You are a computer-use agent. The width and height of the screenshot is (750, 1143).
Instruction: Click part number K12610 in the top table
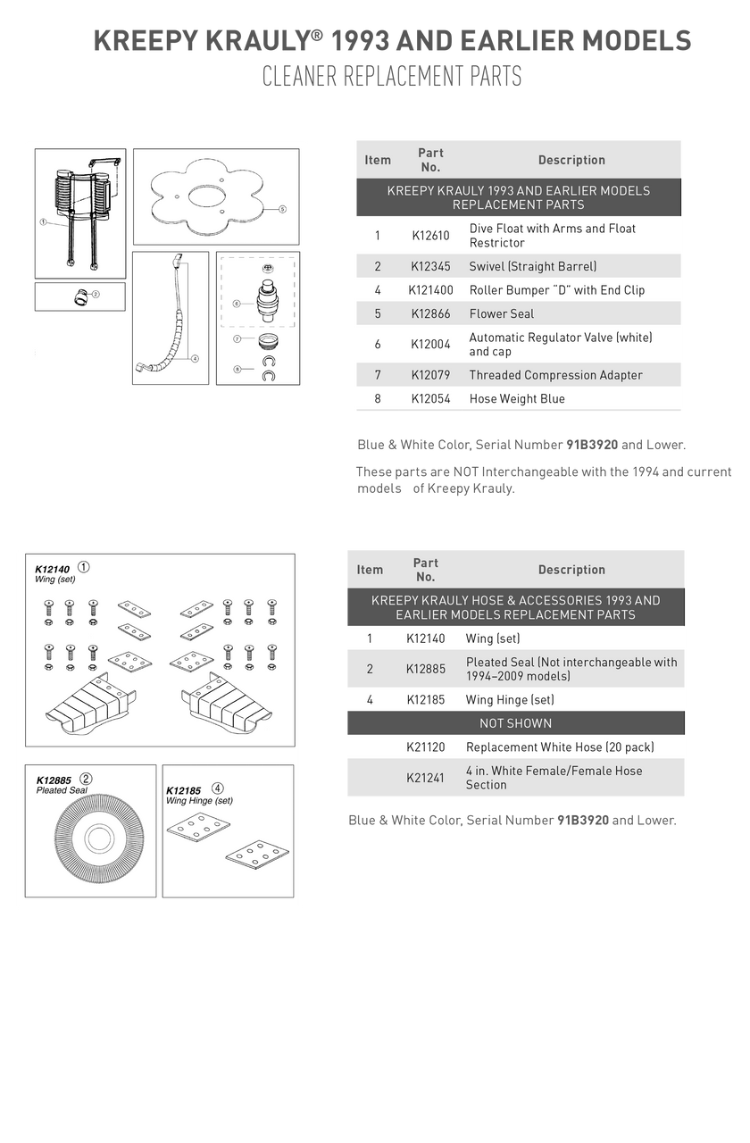coord(430,236)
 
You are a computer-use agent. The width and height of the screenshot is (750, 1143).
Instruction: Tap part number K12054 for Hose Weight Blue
coord(430,399)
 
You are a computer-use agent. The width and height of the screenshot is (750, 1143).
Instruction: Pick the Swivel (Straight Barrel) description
coord(532,266)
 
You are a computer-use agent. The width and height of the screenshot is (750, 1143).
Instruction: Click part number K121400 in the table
coord(430,290)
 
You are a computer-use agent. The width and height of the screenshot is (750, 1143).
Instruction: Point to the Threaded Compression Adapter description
coord(555,375)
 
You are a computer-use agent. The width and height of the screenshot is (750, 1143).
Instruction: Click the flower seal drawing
coord(215,195)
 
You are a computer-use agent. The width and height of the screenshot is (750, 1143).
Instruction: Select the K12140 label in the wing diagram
coord(52,568)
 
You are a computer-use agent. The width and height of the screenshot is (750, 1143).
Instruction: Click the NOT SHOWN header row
coord(515,723)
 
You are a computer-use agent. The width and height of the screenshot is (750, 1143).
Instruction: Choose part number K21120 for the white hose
coord(426,747)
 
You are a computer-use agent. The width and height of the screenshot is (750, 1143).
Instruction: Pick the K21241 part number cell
coord(426,778)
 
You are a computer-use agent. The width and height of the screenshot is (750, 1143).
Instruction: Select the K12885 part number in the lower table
coord(426,669)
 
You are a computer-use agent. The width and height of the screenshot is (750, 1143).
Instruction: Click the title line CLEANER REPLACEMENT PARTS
coord(391,77)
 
